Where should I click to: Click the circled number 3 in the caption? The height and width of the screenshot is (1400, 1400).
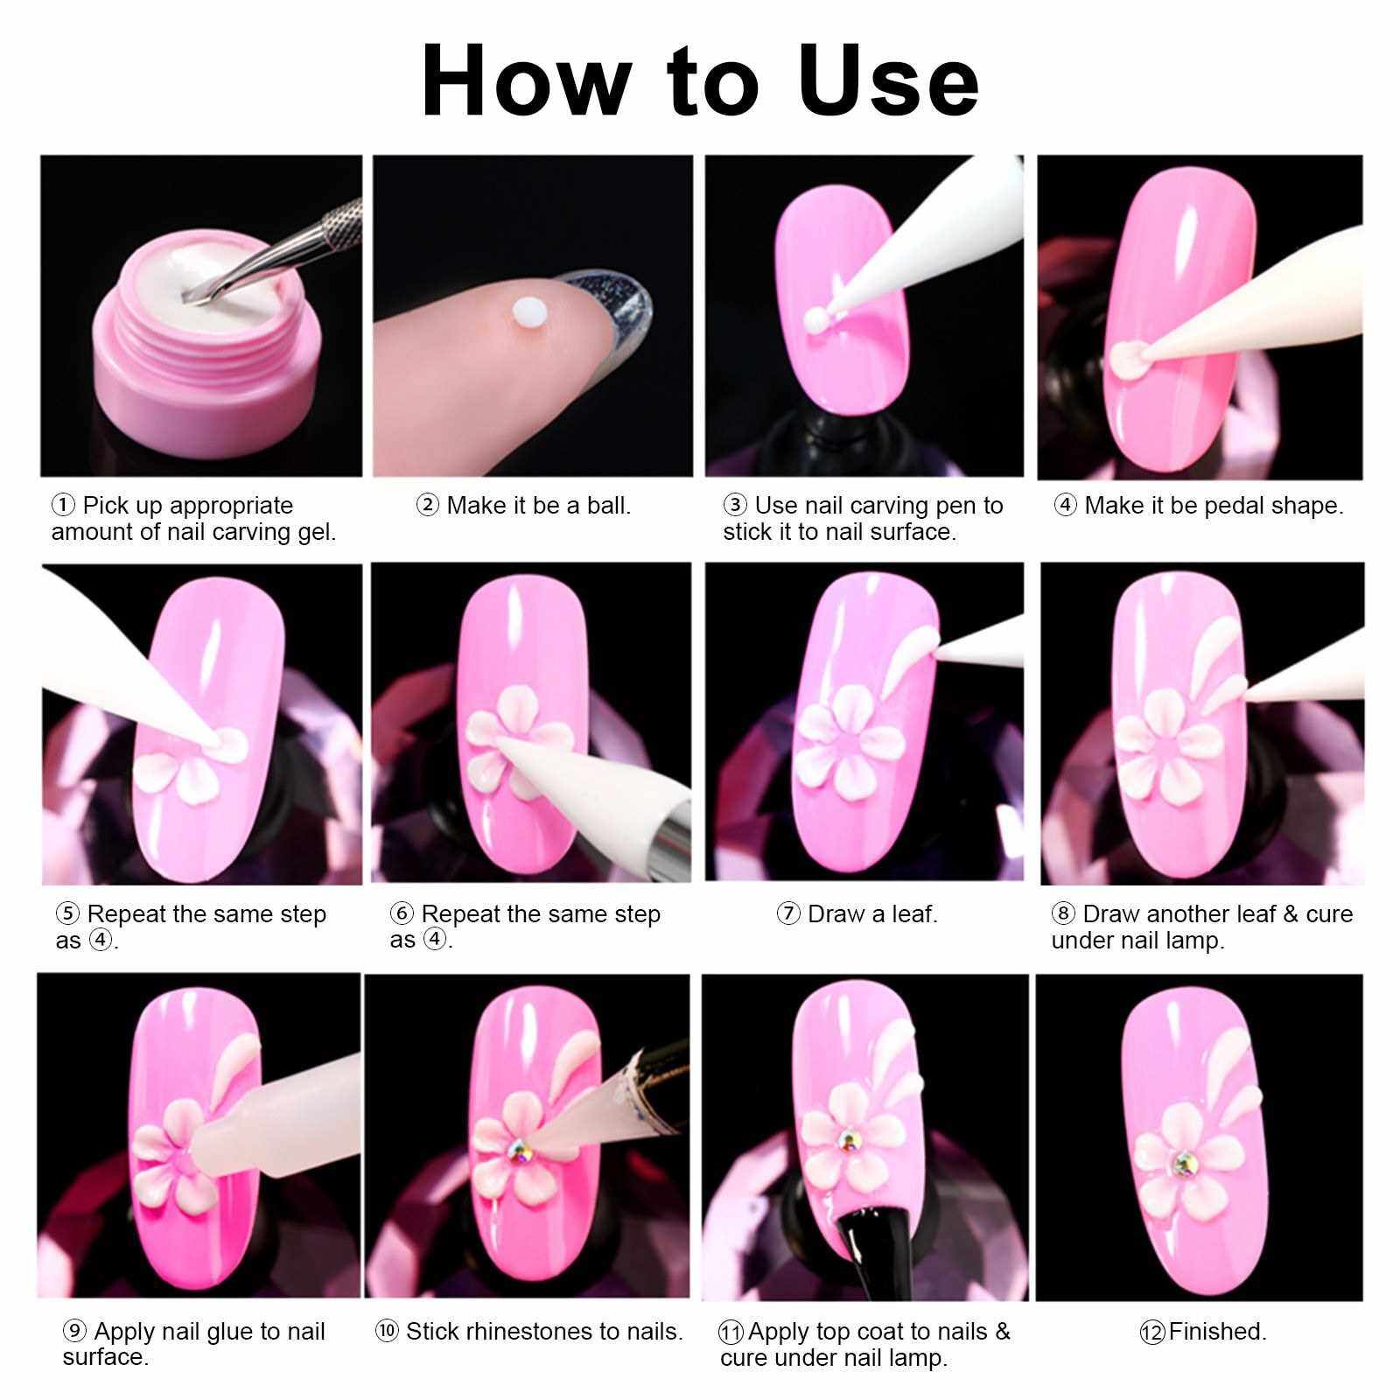(x=735, y=505)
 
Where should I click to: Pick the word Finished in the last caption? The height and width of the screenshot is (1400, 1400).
(x=1217, y=1332)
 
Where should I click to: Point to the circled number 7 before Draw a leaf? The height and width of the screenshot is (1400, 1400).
(x=788, y=914)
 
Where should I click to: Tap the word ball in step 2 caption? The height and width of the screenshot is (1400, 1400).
(x=609, y=506)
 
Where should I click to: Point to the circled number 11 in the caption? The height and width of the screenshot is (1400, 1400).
(x=731, y=1333)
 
